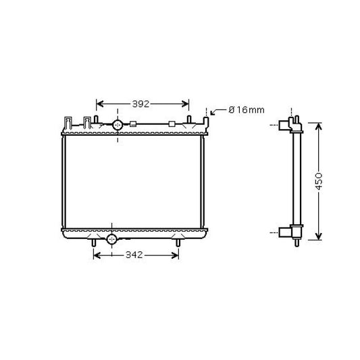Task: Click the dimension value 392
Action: pyautogui.click(x=140, y=104)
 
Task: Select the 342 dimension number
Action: pyautogui.click(x=134, y=255)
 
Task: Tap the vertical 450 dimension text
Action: pyautogui.click(x=318, y=181)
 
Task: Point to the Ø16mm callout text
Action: pyautogui.click(x=247, y=110)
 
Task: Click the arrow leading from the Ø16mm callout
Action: pyautogui.click(x=217, y=111)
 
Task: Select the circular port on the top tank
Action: pyautogui.click(x=118, y=125)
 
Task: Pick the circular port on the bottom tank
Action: pyautogui.click(x=112, y=240)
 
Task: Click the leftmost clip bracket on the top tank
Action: pyautogui.click(x=68, y=123)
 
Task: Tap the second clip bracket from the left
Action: pyautogui.click(x=87, y=123)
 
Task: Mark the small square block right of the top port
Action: pyautogui.click(x=133, y=124)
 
